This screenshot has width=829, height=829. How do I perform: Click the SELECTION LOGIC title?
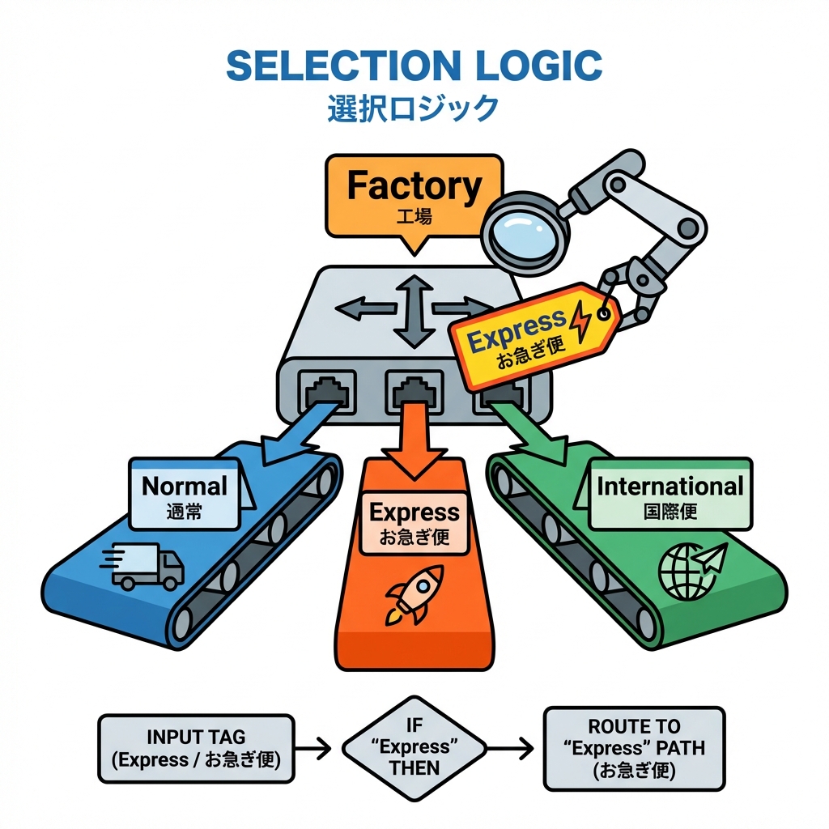coord(414,66)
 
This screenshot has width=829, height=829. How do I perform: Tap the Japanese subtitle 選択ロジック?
coord(413,108)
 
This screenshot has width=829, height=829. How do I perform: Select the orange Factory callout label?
coord(413,194)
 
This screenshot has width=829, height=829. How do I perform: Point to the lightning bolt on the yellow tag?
coord(582,321)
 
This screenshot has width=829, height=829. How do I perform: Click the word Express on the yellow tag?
coord(517,330)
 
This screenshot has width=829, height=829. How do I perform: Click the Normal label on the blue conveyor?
coord(185,495)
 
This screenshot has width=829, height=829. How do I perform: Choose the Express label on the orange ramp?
coord(414,522)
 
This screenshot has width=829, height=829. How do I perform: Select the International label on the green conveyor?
coord(670,495)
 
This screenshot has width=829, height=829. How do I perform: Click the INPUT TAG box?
coord(196,747)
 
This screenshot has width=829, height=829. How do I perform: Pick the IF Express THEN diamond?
coord(414,747)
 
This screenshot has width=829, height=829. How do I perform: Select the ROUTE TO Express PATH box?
coord(634,747)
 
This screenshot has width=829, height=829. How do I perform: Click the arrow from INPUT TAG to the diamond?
coord(315,748)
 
